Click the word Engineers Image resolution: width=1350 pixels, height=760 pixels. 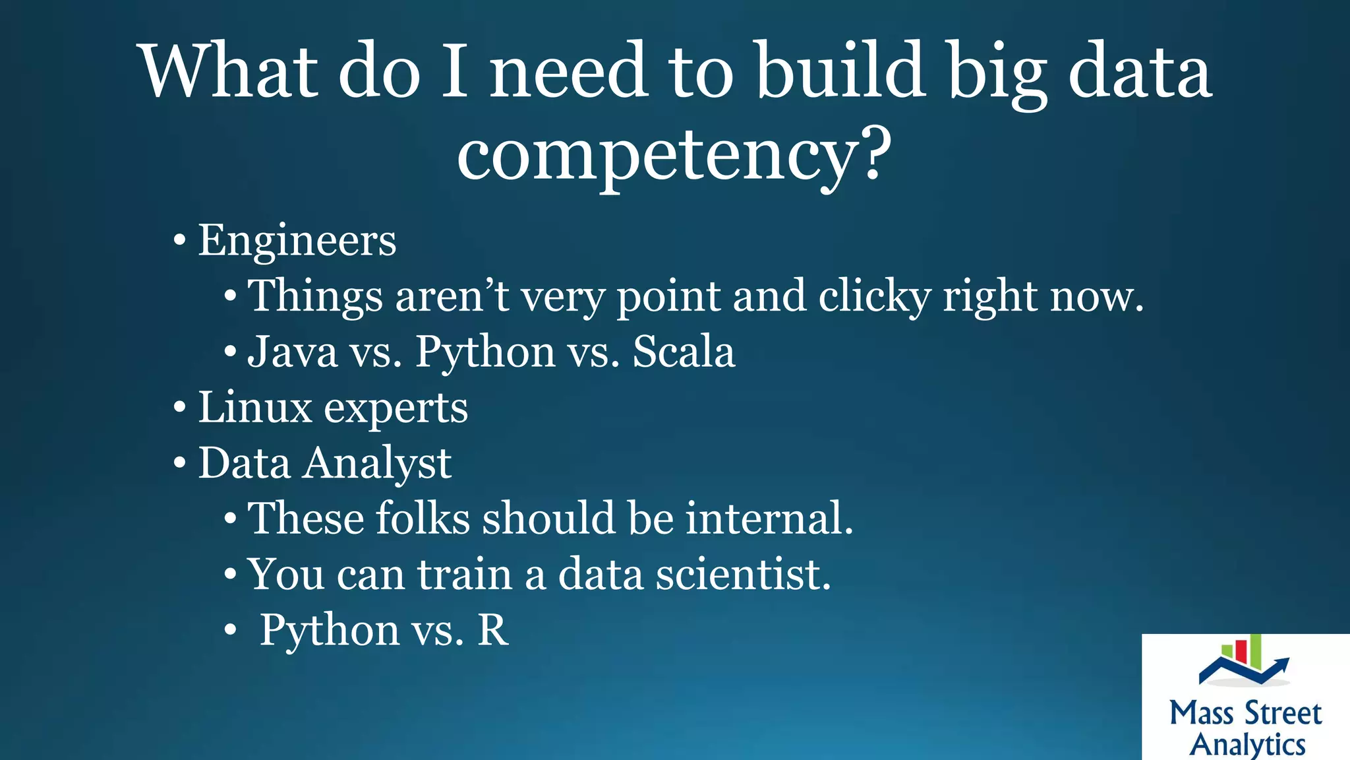coord(297,240)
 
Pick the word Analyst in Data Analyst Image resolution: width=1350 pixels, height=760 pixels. coord(377,464)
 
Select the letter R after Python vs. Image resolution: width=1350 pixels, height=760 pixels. coord(492,630)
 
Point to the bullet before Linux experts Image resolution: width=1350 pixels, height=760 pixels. coord(179,408)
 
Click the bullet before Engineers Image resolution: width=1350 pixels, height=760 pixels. coord(179,241)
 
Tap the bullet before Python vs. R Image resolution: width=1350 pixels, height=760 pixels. coord(229,631)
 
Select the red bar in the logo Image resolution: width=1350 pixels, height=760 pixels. coord(1241,652)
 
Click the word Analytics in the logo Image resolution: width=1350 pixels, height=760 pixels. coord(1247,744)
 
